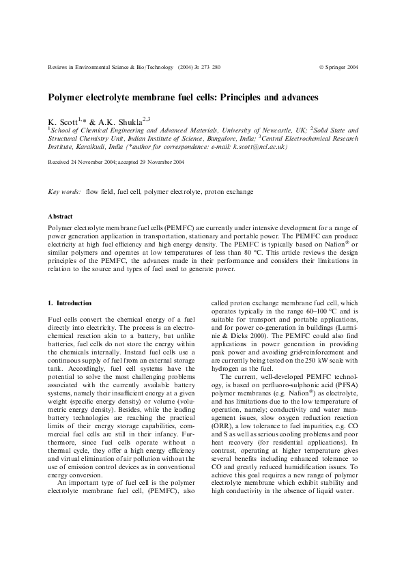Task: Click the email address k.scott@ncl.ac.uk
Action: pyautogui.click(x=259, y=146)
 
